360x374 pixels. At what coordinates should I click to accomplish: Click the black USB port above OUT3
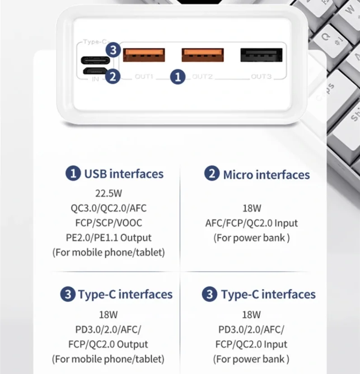coord(261,55)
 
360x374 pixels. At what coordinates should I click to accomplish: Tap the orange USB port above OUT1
coord(144,55)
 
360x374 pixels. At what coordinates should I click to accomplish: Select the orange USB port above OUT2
coord(202,55)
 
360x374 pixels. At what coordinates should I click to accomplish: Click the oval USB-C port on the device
coord(95,60)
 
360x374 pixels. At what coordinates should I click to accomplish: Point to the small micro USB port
coord(95,71)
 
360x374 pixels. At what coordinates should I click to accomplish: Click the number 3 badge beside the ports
coord(113,50)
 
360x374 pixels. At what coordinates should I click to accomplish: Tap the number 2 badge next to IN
coord(113,77)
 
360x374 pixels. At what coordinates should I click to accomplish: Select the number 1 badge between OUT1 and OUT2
coord(178,77)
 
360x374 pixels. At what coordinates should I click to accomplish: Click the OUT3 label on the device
coord(261,77)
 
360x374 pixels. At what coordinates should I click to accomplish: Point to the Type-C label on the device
coord(95,42)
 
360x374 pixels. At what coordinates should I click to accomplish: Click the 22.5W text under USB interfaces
coord(108,193)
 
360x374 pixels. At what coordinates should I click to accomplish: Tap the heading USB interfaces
coord(124,173)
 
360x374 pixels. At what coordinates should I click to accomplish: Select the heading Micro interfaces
coord(266,175)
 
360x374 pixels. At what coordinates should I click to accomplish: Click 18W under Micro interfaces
coord(252,208)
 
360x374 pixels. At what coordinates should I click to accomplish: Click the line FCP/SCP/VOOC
coord(108,223)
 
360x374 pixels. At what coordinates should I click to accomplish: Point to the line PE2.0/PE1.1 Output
coord(108,238)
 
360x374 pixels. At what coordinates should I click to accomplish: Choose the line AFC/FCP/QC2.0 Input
coord(252,223)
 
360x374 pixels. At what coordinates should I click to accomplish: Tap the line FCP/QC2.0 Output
coord(108,344)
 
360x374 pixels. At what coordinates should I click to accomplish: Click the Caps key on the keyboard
coord(326,92)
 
